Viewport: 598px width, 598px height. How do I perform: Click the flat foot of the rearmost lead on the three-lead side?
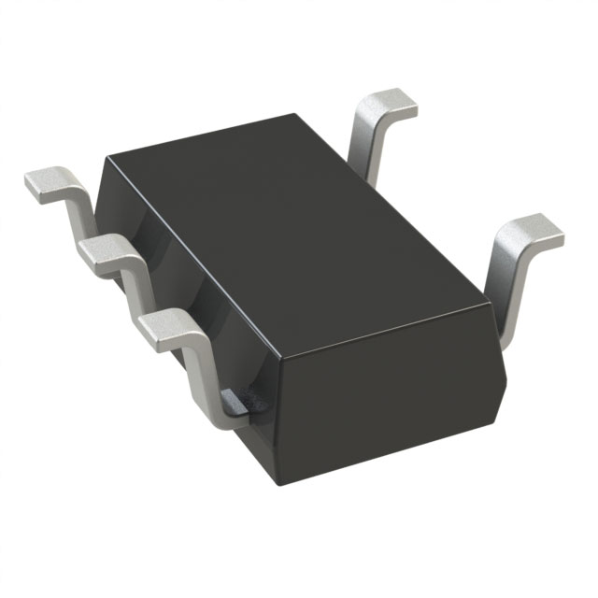click(x=47, y=183)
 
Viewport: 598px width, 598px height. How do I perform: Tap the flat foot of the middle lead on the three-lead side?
click(x=105, y=250)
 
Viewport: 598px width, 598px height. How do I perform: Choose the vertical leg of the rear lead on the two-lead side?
click(x=367, y=149)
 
